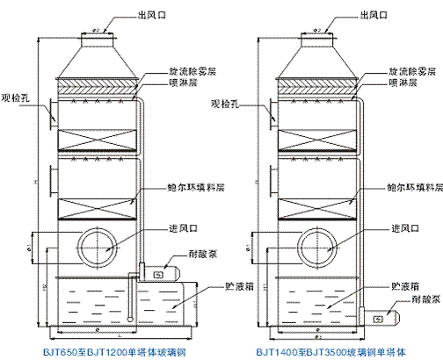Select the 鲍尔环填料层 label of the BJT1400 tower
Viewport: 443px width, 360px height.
coord(414,187)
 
